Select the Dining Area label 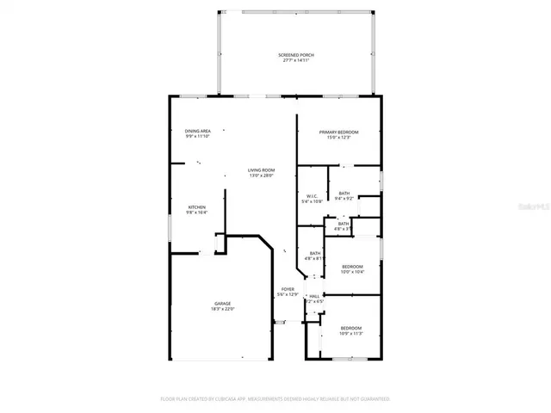click(x=198, y=131)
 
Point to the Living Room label click(x=261, y=170)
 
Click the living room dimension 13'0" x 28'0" click(x=261, y=176)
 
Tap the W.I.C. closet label click(x=312, y=196)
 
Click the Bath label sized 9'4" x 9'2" click(x=344, y=193)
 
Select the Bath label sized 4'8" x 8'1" click(x=313, y=253)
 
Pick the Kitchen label click(x=197, y=207)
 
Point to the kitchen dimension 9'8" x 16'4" click(x=197, y=213)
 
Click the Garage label click(x=222, y=303)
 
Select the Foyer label click(x=288, y=289)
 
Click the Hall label click(x=314, y=296)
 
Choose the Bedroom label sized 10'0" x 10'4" click(x=351, y=267)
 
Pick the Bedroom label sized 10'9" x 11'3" click(x=350, y=328)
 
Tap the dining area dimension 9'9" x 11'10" click(x=198, y=136)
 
